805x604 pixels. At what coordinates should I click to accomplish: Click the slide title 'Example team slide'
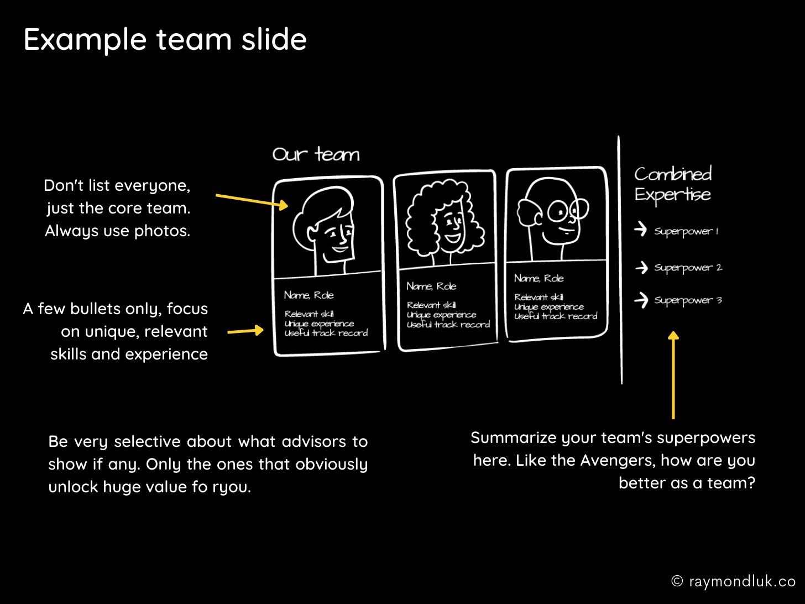click(165, 40)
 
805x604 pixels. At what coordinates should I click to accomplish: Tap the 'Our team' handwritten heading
click(316, 154)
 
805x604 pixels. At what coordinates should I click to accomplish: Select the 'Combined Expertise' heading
click(673, 184)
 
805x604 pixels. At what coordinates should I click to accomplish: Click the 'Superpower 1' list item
click(686, 231)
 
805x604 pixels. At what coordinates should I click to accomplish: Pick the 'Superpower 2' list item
click(688, 268)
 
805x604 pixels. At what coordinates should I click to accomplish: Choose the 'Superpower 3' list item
click(688, 300)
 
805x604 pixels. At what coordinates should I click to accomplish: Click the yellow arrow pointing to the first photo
click(252, 200)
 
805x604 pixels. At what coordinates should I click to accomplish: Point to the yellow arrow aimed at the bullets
click(245, 331)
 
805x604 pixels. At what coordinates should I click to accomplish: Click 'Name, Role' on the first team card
click(309, 295)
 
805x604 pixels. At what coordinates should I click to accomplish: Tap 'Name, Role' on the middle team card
click(431, 286)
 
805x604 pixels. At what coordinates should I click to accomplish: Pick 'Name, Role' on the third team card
click(539, 278)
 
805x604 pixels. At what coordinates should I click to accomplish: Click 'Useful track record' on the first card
click(326, 333)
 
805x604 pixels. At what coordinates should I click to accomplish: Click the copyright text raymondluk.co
click(733, 581)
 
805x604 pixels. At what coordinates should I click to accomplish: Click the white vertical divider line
click(620, 260)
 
